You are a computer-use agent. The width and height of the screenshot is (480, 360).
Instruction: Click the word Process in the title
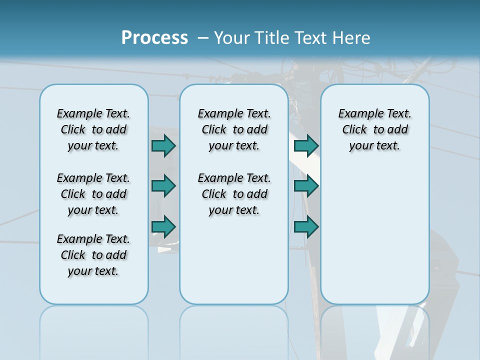154,38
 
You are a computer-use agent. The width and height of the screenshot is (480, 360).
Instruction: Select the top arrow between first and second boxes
163,145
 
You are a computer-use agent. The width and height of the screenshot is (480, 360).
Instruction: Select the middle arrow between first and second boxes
163,186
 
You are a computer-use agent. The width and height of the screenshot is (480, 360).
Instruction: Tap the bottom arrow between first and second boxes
163,227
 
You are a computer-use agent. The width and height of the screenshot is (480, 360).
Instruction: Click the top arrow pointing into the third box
306,145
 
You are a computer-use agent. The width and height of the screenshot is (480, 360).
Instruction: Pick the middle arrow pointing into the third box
306,186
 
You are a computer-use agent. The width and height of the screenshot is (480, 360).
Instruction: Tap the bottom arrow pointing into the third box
306,227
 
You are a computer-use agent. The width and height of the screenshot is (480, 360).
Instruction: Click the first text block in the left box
93,129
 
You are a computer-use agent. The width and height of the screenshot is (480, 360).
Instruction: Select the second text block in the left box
93,194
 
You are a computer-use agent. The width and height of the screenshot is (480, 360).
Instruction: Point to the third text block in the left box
93,255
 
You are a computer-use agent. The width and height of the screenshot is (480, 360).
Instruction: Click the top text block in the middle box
234,129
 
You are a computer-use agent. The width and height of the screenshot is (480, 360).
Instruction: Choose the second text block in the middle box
234,194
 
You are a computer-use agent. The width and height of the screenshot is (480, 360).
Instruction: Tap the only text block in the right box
374,129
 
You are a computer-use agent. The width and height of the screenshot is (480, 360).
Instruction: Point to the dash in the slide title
203,38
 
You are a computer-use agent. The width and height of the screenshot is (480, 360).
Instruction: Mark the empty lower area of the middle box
234,260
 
